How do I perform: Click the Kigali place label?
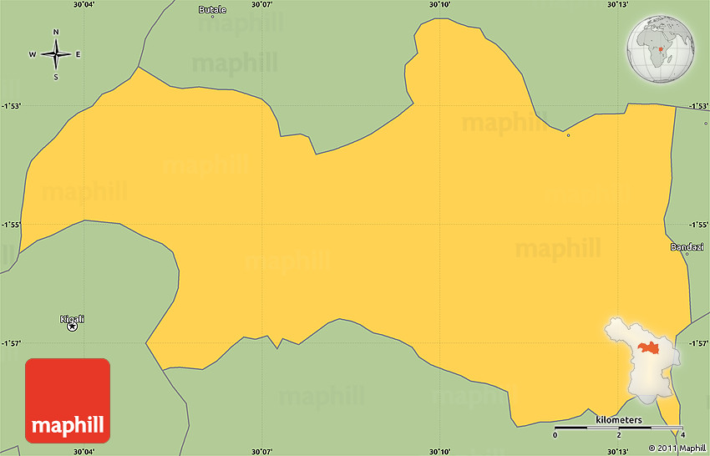pyautogui.click(x=73, y=319)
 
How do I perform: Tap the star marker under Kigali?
pyautogui.click(x=73, y=327)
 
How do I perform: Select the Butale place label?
pyautogui.click(x=212, y=10)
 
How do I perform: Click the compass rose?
pyautogui.click(x=56, y=55)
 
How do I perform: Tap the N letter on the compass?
pyautogui.click(x=56, y=33)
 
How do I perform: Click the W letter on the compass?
pyautogui.click(x=33, y=55)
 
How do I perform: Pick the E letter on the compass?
pyautogui.click(x=79, y=55)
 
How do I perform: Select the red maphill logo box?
pyautogui.click(x=68, y=400)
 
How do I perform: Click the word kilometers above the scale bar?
pyautogui.click(x=619, y=420)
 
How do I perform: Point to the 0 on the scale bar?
pyautogui.click(x=555, y=436)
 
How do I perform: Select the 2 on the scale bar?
pyautogui.click(x=619, y=436)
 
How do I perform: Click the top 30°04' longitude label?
pyautogui.click(x=84, y=5)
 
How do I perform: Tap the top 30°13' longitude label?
pyautogui.click(x=618, y=5)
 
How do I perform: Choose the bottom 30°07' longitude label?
pyautogui.click(x=262, y=451)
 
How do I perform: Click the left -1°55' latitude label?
pyautogui.click(x=11, y=225)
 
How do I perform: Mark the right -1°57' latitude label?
pyautogui.click(x=699, y=343)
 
